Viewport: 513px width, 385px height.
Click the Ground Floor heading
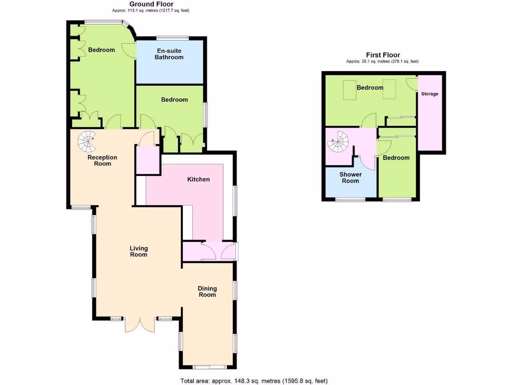pos(152,4)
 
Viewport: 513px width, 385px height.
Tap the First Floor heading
pos(383,55)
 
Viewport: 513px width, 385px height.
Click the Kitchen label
pos(198,179)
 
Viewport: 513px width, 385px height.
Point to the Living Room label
pos(139,251)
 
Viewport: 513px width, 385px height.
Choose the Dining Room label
pos(207,291)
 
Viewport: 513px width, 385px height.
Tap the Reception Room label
pos(102,160)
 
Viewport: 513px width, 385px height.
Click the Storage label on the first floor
pos(429,94)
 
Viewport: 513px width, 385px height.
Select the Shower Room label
pos(351,177)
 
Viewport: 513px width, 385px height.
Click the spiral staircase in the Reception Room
pos(87,141)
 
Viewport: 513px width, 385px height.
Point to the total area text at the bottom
pos(254,380)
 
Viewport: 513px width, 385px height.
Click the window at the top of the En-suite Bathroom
pos(172,38)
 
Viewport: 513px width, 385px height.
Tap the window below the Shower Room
pos(350,200)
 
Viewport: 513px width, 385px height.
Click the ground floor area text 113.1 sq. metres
pos(152,10)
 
